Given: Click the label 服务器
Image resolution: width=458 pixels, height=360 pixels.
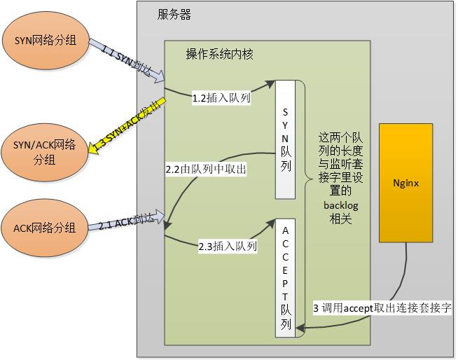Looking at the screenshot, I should [174, 15].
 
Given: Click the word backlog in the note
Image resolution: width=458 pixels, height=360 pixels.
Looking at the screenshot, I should [340, 206].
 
